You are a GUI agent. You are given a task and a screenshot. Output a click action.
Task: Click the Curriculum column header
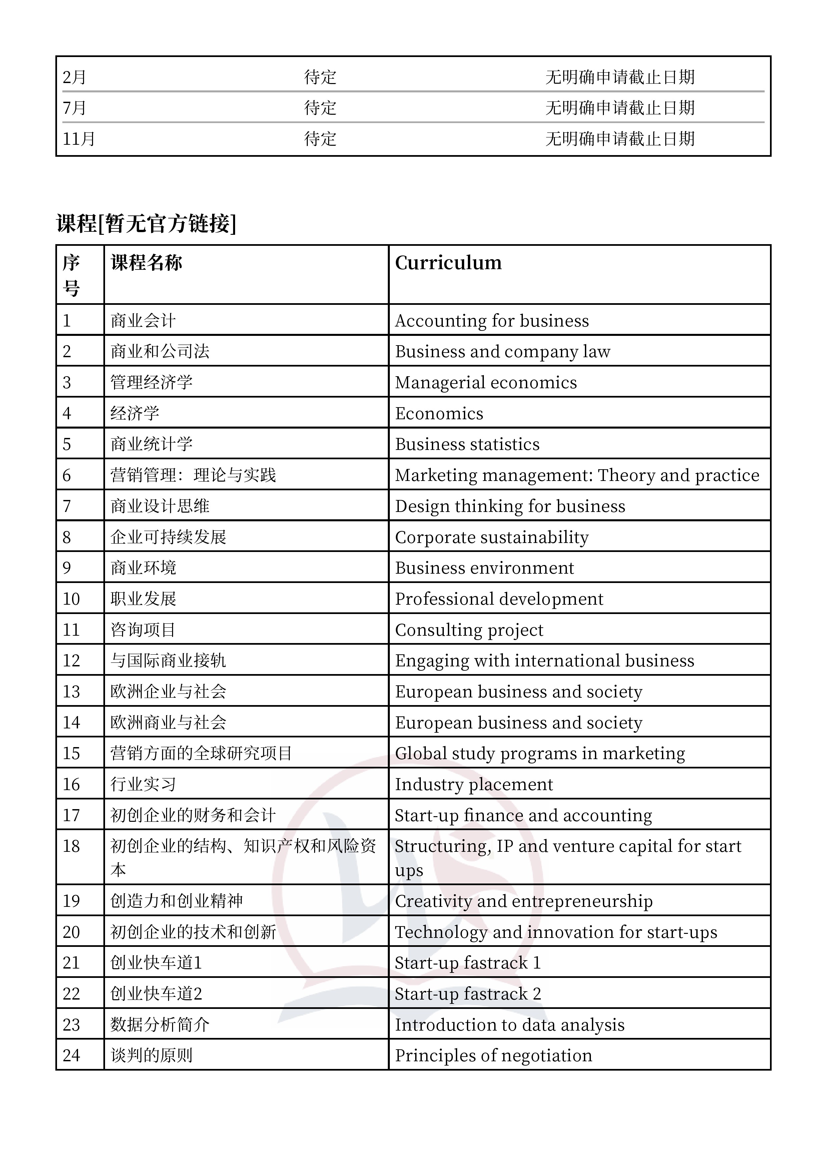coord(448,263)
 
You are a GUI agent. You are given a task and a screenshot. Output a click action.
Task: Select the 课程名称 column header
coord(146,263)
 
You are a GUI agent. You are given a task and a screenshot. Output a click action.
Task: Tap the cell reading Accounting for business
coord(492,321)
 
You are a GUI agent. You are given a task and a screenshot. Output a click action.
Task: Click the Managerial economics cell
coord(486,383)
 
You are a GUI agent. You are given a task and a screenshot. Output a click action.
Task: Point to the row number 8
coord(67,537)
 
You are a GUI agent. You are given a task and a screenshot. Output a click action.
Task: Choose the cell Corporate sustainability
coord(492,537)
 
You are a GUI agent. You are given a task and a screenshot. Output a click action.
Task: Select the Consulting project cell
coord(469,630)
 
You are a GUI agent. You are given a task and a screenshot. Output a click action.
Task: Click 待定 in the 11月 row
coord(320,139)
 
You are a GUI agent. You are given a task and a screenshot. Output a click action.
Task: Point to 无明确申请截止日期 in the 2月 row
coord(620,77)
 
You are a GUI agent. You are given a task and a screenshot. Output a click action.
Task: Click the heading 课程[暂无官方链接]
coord(146,223)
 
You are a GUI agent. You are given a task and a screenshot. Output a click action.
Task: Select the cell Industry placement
coord(474,784)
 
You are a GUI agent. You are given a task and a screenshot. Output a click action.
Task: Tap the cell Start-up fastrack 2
coord(467,994)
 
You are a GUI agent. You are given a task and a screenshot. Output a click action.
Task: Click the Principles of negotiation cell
coord(493,1055)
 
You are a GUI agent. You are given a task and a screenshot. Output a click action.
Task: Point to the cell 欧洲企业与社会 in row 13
coord(168,691)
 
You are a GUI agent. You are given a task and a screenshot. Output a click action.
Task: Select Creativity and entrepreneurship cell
coord(523,901)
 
